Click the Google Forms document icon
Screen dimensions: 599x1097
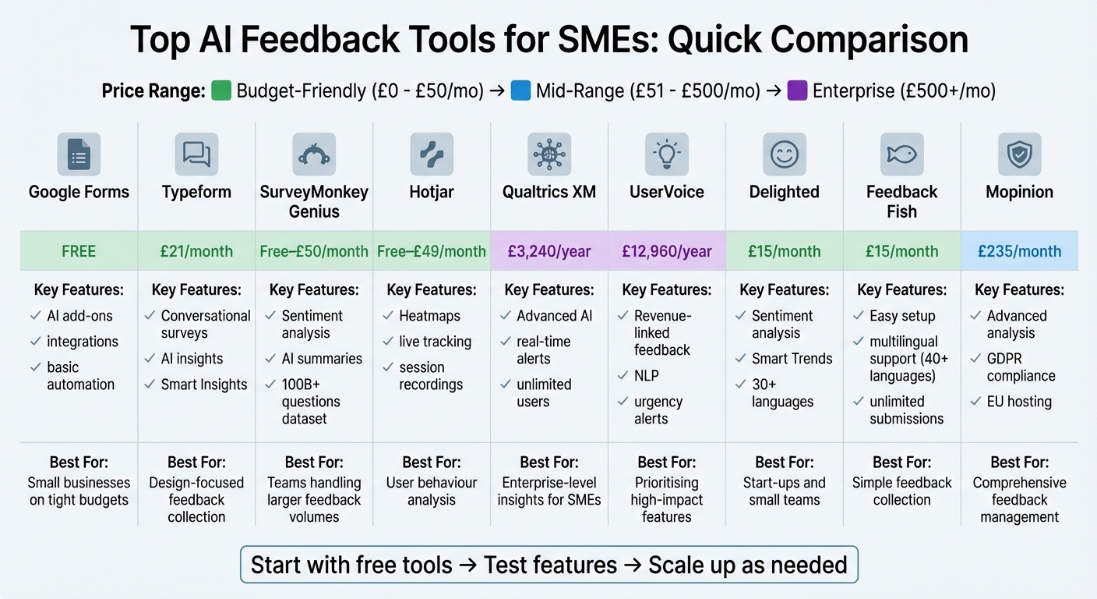pyautogui.click(x=79, y=154)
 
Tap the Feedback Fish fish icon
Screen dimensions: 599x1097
pyautogui.click(x=901, y=154)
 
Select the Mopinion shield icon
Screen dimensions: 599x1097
pyautogui.click(x=1019, y=154)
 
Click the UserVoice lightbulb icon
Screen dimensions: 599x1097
pyautogui.click(x=666, y=154)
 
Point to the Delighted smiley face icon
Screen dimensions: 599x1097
pyautogui.click(x=784, y=154)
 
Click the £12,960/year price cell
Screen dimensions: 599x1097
pyautogui.click(x=667, y=251)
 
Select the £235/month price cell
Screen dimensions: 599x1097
pyautogui.click(x=1020, y=251)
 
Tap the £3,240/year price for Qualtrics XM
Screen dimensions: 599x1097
pyautogui.click(x=549, y=251)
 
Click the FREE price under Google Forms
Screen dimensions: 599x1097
pyautogui.click(x=79, y=251)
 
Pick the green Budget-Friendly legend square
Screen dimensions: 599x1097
pyautogui.click(x=221, y=91)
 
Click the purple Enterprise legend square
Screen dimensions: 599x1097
pyautogui.click(x=797, y=91)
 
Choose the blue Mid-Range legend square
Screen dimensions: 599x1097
pyautogui.click(x=520, y=91)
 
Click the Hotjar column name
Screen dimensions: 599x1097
pyautogui.click(x=432, y=192)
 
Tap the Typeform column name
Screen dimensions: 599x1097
pyautogui.click(x=196, y=192)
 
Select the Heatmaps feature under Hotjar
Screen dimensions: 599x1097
pyautogui.click(x=429, y=316)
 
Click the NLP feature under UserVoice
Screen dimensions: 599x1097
pyautogui.click(x=647, y=376)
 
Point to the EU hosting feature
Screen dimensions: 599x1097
pyautogui.click(x=1019, y=402)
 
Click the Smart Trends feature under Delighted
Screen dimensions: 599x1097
pyautogui.click(x=792, y=359)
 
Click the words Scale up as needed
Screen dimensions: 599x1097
pyautogui.click(x=747, y=565)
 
